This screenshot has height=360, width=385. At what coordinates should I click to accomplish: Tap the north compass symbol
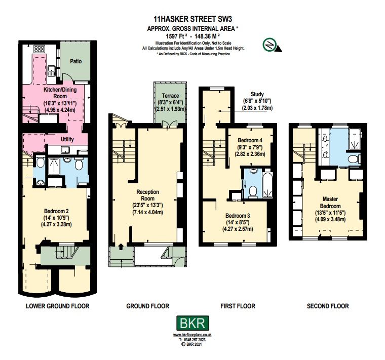click(x=269, y=46)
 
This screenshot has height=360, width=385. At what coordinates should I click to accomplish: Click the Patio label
click(x=76, y=62)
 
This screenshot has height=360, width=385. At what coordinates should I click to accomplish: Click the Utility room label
click(x=67, y=138)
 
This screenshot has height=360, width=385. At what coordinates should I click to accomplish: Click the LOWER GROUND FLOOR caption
click(x=57, y=306)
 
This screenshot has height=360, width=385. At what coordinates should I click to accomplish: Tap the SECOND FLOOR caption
click(x=328, y=306)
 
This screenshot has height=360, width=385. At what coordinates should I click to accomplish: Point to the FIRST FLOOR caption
click(x=238, y=306)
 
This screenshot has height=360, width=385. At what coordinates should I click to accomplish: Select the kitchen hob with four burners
click(x=41, y=50)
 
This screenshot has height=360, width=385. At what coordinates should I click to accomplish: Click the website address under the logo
click(x=192, y=335)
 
